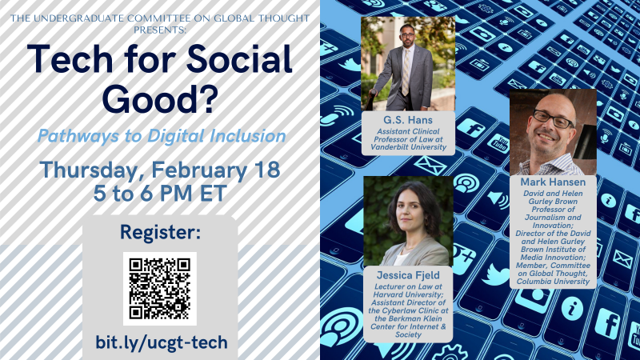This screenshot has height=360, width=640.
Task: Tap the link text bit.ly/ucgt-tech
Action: click(161, 342)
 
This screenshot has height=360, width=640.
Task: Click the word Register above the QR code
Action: click(160, 233)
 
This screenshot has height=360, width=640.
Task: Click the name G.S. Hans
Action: click(407, 118)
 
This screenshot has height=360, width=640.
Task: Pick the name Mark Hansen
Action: click(552, 182)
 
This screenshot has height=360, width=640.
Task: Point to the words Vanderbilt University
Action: click(408, 147)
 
